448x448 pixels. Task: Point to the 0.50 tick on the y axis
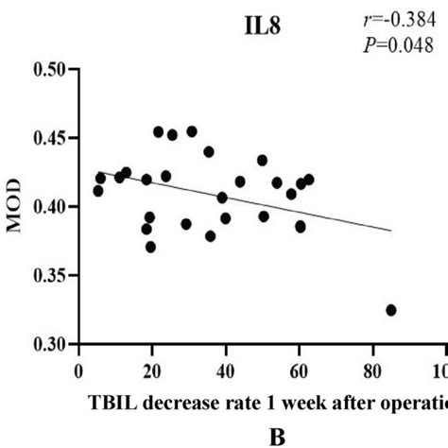pos(51,69)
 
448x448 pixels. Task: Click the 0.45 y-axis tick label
pos(51,138)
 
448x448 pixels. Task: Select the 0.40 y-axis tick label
pos(51,207)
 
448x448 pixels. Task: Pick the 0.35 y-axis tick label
pos(51,276)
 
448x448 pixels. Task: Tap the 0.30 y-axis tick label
pos(51,345)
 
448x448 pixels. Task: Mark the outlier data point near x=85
pos(391,310)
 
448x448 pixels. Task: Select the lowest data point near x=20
pos(150,247)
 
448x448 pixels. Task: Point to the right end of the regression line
pos(389,230)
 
